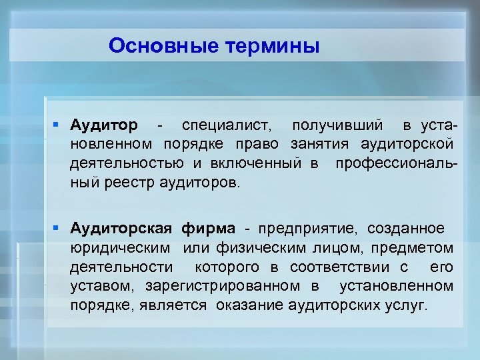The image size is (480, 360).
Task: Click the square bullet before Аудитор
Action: (x=59, y=125)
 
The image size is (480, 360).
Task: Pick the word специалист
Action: (x=227, y=125)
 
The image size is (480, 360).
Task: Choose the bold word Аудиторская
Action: (x=123, y=229)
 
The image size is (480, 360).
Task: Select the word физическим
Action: (x=262, y=248)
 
